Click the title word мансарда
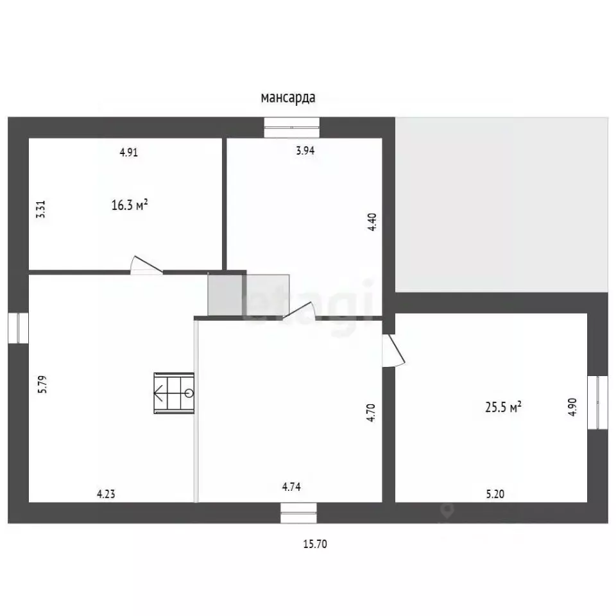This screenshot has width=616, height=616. pyautogui.click(x=288, y=98)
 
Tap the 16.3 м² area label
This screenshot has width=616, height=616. pyautogui.click(x=130, y=205)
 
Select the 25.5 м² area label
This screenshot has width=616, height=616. pyautogui.click(x=503, y=407)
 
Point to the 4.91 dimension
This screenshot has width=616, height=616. pyautogui.click(x=129, y=152)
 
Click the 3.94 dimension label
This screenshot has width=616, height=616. pyautogui.click(x=305, y=150)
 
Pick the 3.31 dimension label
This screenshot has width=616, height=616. pyautogui.click(x=41, y=209)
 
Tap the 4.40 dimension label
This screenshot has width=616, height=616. pyautogui.click(x=372, y=222)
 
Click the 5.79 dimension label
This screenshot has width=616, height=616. pyautogui.click(x=42, y=384)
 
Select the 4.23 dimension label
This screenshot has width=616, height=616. pyautogui.click(x=106, y=493)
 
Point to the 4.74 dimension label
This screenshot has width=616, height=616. pyautogui.click(x=291, y=487)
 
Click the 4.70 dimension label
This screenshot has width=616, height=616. pyautogui.click(x=371, y=413)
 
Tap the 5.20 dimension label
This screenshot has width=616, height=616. pyautogui.click(x=495, y=494)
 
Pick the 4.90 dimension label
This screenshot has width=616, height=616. pyautogui.click(x=572, y=407)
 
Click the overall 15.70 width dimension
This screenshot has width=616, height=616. pyautogui.click(x=315, y=543)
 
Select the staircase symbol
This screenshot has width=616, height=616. pyautogui.click(x=174, y=393)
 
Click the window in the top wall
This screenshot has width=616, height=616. pyautogui.click(x=291, y=128)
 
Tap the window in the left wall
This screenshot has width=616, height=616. pyautogui.click(x=18, y=328)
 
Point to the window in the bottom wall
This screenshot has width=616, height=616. pyautogui.click(x=298, y=513)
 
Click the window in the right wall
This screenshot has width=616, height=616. pyautogui.click(x=597, y=403)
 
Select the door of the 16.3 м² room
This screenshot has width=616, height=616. pyautogui.click(x=146, y=265)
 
